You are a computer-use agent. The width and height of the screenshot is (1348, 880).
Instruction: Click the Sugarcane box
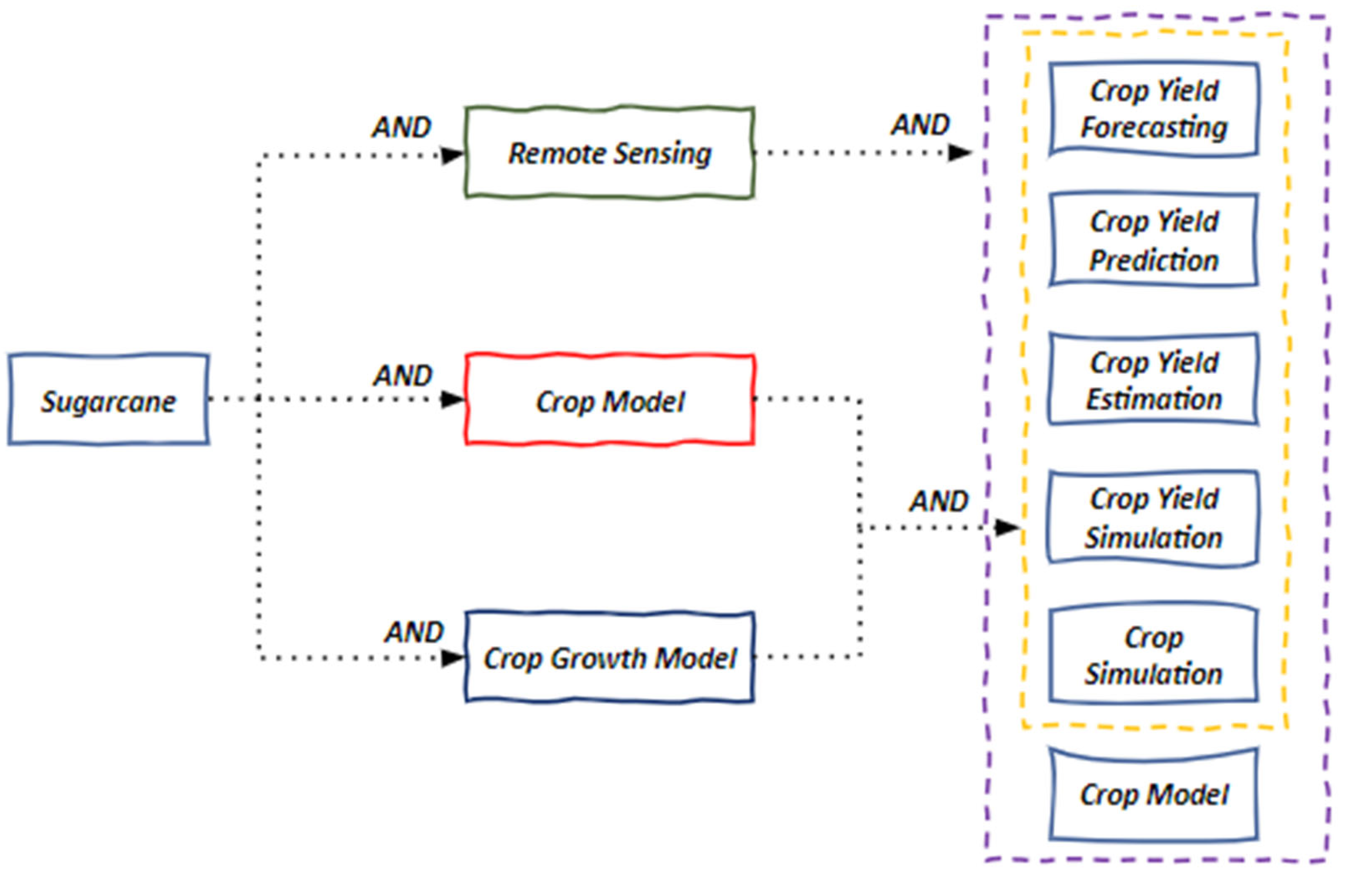click(108, 400)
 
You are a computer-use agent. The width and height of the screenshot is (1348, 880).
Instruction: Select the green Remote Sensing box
click(609, 153)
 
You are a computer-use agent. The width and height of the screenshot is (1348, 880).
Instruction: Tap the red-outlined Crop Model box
click(609, 400)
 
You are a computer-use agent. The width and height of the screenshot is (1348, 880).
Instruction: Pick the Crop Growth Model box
click(609, 658)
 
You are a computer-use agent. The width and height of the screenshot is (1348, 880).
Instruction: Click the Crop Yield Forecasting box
click(1154, 109)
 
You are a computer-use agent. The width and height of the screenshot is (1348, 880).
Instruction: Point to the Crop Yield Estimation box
click(1154, 379)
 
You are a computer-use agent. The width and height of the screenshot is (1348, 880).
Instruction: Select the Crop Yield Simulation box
click(1154, 517)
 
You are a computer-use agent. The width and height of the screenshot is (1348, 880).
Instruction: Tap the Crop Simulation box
click(1154, 655)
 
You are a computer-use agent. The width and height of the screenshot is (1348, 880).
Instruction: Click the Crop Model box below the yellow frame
click(1154, 794)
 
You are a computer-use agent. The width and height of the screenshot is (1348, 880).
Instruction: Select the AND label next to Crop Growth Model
click(414, 631)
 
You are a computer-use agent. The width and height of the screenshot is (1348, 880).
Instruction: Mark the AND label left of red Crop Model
click(403, 375)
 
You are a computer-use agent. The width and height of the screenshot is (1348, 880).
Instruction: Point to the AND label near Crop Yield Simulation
click(939, 501)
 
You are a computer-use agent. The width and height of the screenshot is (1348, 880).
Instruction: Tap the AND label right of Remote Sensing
click(920, 125)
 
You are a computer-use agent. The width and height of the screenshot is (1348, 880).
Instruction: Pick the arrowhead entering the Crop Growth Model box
click(452, 658)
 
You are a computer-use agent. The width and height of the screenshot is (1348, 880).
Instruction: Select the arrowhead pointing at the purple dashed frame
click(960, 152)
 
